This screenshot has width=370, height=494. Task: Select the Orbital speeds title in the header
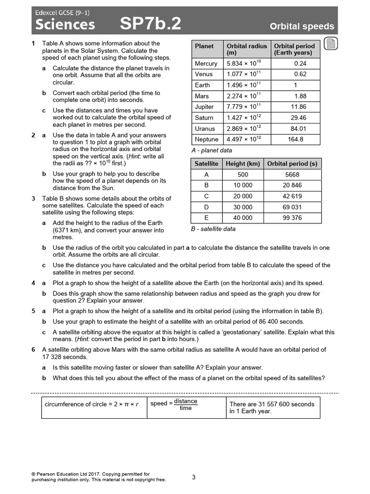pos(302,27)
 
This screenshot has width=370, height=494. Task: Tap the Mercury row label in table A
pos(206,64)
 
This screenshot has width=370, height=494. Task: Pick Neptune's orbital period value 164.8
pos(295,139)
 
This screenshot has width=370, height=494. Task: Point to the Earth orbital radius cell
pos(244,85)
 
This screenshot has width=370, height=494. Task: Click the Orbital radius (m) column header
pos(246,49)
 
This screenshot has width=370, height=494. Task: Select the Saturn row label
pos(204,118)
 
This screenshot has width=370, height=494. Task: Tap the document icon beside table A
pos(330,44)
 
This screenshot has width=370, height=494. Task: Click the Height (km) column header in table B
pos(243,164)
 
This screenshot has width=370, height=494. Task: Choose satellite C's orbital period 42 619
pos(292,196)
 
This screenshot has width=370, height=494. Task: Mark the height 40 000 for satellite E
pos(243,218)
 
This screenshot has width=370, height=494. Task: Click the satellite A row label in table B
pos(206,175)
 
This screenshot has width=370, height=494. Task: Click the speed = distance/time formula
pos(174,404)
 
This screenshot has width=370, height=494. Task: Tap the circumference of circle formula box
pos(92,404)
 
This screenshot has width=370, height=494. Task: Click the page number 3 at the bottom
pos(193,477)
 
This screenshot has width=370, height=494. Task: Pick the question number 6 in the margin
pos(33,350)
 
